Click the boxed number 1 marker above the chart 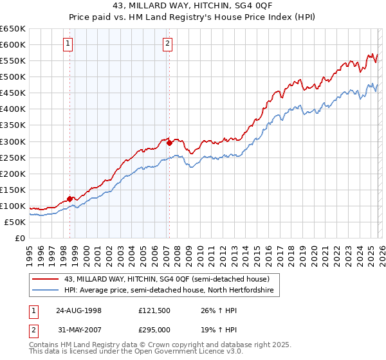tap(68, 44)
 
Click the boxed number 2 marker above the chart tap(167, 44)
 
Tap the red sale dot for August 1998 tap(70, 199)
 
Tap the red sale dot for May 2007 tap(169, 143)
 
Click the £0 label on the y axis tap(19, 238)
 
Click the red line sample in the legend tap(45, 279)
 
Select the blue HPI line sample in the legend tap(45, 291)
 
